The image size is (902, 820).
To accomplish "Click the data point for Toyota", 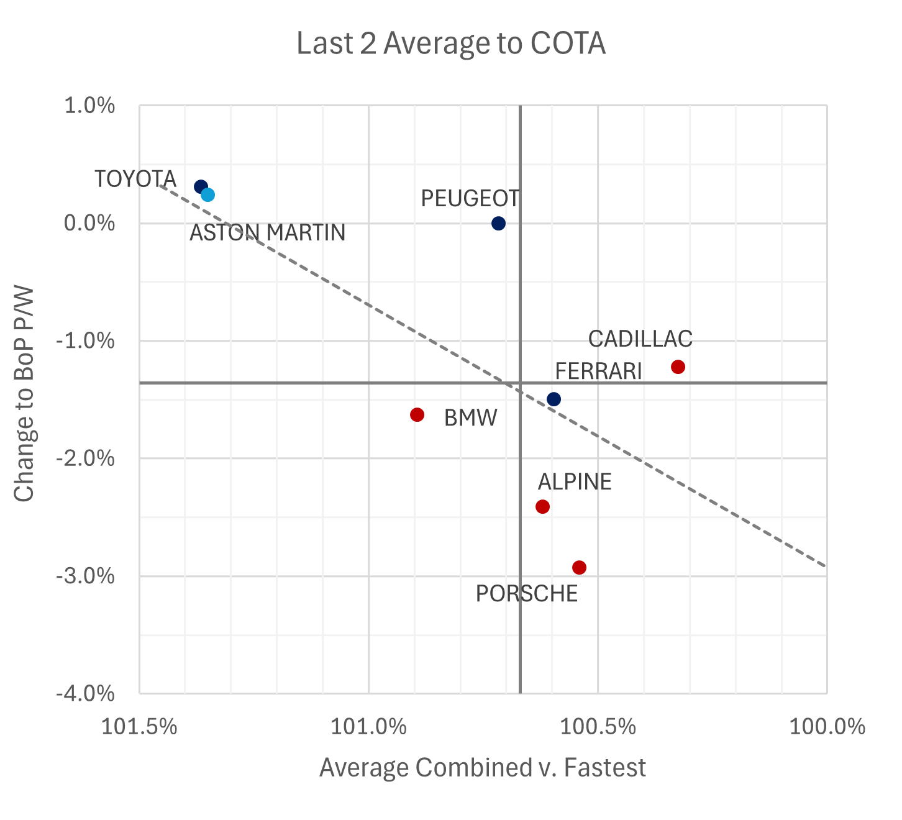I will pos(201,187).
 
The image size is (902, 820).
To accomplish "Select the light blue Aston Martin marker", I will pos(208,195).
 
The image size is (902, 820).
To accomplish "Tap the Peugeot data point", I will pos(498,224).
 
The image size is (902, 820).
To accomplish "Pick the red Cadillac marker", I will pos(678,367).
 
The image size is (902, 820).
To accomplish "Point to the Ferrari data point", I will pos(553,399).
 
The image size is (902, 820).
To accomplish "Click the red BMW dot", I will pos(417,415).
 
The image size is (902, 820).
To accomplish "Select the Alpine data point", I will pos(542,507).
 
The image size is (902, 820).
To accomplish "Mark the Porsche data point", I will pos(579,568).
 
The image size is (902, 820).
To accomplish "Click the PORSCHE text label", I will pos(526,594).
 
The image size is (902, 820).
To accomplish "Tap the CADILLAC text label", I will pos(640,339).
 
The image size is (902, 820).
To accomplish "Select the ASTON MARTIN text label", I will pos(267,233).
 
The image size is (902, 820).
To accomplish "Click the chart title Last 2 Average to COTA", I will pos(451,44).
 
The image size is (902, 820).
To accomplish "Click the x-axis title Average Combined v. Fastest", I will pos(483,768).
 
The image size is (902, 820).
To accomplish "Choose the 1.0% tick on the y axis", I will pos(90,106).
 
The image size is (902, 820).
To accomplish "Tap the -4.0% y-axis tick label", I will pos(86,694).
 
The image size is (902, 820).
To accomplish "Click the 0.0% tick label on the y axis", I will pos(90,224).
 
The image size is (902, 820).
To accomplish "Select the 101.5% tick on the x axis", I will pos(139,726).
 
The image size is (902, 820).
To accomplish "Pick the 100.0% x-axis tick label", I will pos(827,726).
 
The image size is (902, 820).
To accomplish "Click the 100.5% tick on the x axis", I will pos(598,726).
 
